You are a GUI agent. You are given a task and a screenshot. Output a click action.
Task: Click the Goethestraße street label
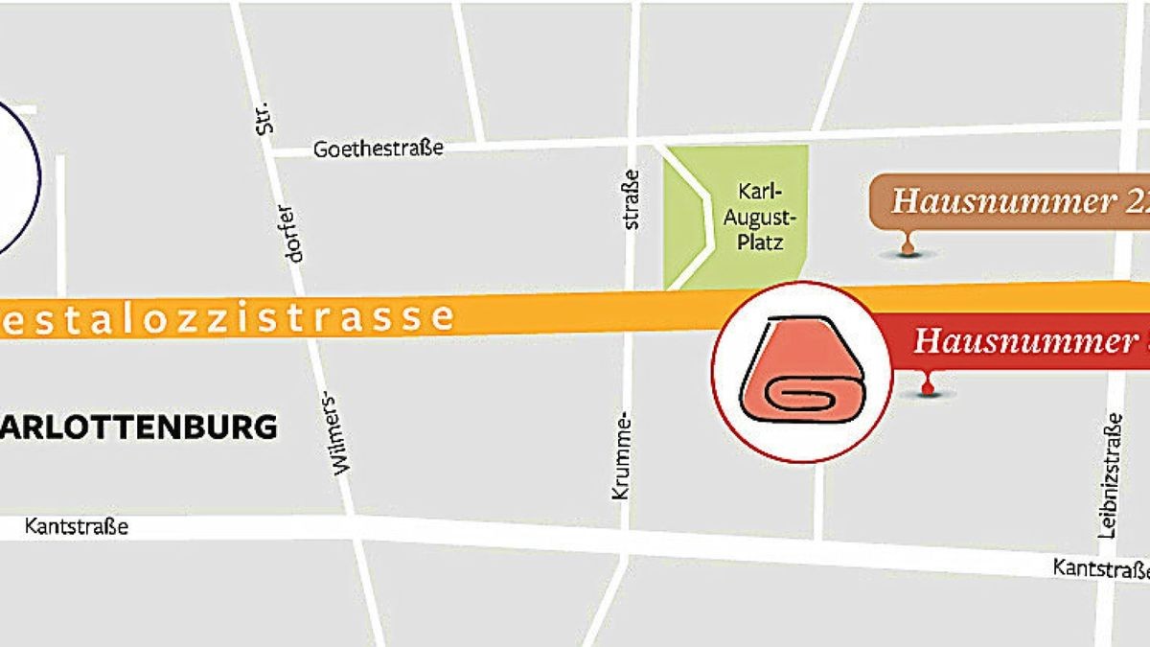(379, 150)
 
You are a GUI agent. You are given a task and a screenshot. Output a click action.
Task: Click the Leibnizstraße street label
(1111, 475)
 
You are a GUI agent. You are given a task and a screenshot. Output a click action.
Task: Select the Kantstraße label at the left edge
(77, 527)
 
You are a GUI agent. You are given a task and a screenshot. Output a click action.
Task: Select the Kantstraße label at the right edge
(1100, 568)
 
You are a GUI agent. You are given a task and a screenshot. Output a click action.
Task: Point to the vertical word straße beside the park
(631, 200)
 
